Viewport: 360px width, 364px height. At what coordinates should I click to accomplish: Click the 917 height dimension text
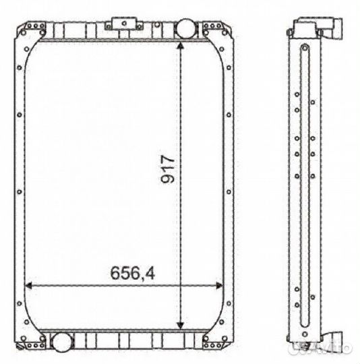[x=169, y=171]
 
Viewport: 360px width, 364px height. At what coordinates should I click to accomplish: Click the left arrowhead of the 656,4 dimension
[x=30, y=286]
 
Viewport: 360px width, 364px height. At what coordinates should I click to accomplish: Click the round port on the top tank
[x=183, y=28]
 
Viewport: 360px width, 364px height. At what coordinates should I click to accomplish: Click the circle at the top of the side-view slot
[x=305, y=48]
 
